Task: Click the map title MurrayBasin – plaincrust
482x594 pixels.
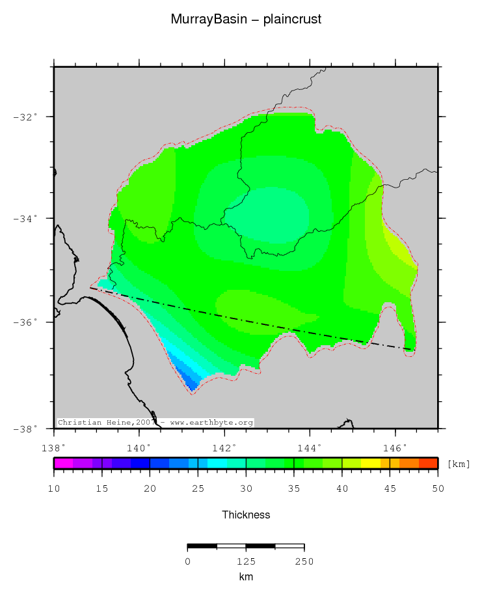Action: tap(246, 20)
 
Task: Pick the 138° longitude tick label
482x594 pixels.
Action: tap(53, 447)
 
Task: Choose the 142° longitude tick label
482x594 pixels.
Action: tap(224, 447)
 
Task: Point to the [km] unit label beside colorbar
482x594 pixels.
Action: tap(458, 464)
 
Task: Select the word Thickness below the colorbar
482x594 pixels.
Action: tap(246, 515)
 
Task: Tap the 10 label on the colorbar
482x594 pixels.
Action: tap(54, 488)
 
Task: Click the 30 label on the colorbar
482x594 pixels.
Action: tap(246, 488)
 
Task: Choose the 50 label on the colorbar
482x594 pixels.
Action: tap(437, 488)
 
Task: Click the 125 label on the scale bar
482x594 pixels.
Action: tap(245, 561)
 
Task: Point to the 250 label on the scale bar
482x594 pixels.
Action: tap(304, 561)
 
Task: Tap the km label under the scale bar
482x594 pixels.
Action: tap(245, 576)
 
